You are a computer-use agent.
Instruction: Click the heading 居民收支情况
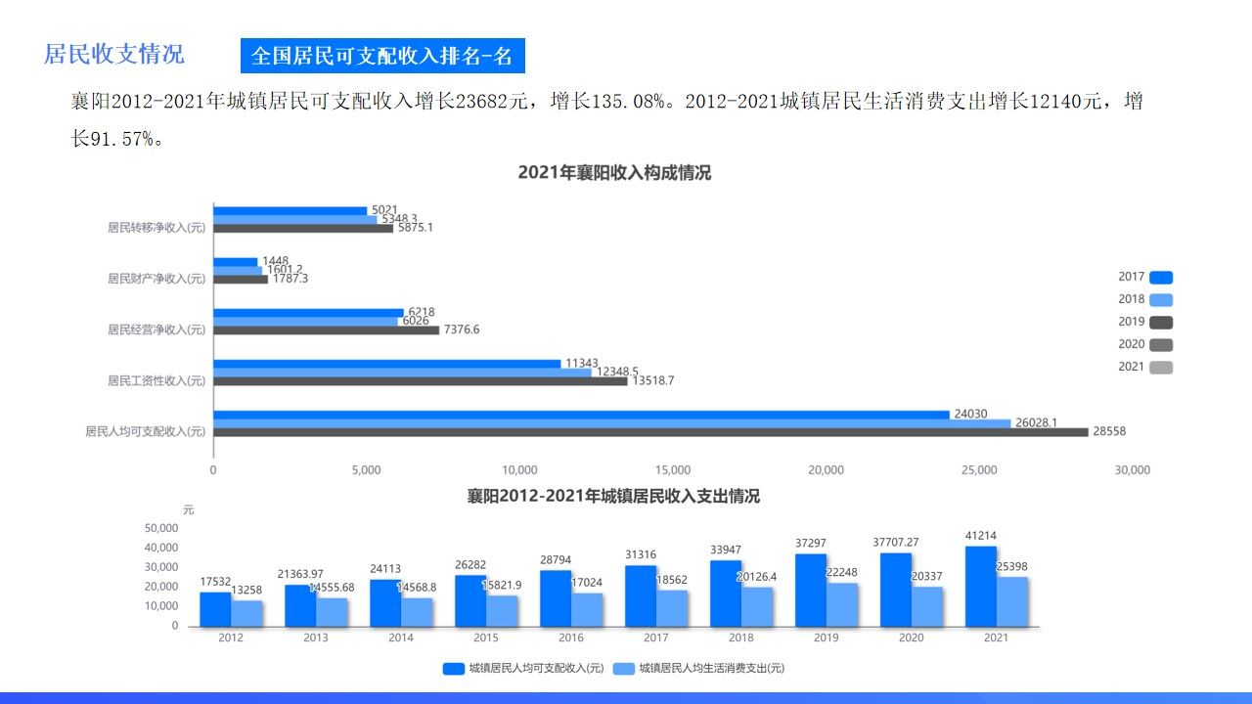point(113,54)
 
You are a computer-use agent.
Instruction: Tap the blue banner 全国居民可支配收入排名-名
point(382,56)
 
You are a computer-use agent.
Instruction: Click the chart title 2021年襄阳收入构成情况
point(614,173)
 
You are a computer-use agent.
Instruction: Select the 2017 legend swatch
point(1161,278)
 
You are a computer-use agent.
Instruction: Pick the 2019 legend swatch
point(1161,323)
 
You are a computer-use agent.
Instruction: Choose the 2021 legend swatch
point(1161,368)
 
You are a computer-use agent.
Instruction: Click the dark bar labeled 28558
point(650,432)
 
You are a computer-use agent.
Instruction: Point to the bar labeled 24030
point(581,415)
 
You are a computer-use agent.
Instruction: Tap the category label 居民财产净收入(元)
point(156,279)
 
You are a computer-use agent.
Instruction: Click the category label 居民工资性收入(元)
point(156,380)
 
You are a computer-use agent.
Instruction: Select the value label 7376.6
point(462,330)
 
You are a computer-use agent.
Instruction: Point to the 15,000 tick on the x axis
point(673,470)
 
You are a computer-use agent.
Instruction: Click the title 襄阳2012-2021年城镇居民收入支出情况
point(613,497)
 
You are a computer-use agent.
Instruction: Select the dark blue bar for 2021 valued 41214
point(981,586)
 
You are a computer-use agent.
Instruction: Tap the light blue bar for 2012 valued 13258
point(246,613)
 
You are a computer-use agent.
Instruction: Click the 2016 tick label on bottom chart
point(571,638)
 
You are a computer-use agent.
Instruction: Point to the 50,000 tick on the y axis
point(161,528)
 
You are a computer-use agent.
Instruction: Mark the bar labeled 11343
point(386,364)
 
